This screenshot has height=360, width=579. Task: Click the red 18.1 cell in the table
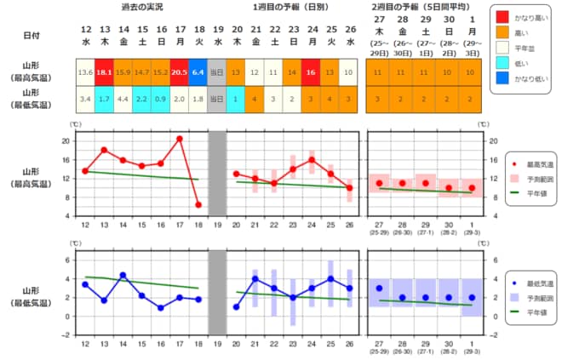pyautogui.click(x=104, y=72)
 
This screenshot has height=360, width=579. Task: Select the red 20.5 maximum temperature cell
pyautogui.click(x=180, y=72)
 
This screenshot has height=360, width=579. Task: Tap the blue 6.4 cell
pyautogui.click(x=198, y=72)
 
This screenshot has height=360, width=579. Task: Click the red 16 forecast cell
pyautogui.click(x=312, y=72)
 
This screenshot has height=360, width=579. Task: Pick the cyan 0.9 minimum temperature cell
pyautogui.click(x=161, y=98)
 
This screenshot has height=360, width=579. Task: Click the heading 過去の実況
pyautogui.click(x=141, y=7)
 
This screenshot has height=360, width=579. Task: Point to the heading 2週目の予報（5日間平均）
pyautogui.click(x=424, y=7)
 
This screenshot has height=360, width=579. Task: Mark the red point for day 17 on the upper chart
pyautogui.click(x=180, y=139)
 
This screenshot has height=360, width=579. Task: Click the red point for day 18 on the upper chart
pyautogui.click(x=198, y=204)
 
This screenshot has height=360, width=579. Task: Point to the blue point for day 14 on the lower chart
pyautogui.click(x=123, y=275)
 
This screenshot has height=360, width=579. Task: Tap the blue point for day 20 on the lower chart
pyautogui.click(x=236, y=306)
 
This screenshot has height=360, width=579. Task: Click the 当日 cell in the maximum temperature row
pyautogui.click(x=217, y=72)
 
